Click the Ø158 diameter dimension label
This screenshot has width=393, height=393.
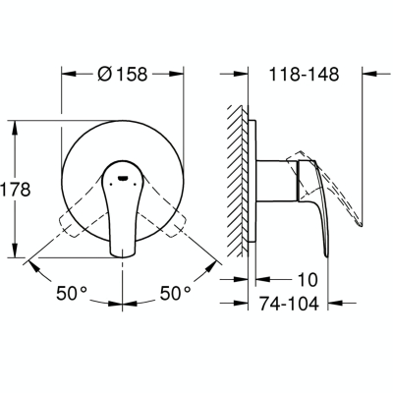(123, 75)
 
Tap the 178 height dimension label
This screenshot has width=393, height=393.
(16, 189)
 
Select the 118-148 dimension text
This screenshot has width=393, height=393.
(304, 75)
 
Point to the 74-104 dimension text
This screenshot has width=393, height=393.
(289, 304)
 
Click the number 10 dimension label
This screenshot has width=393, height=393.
(308, 280)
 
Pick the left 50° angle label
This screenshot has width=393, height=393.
(72, 293)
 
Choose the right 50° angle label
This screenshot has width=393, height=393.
(175, 293)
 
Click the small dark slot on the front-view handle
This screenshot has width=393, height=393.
(123, 178)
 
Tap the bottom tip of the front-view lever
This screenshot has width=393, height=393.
(123, 255)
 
